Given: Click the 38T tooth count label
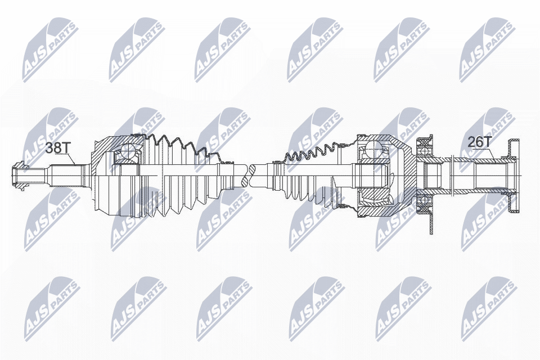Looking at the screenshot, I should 58,148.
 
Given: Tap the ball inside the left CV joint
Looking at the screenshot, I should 128,150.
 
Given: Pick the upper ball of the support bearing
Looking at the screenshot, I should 423,149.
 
